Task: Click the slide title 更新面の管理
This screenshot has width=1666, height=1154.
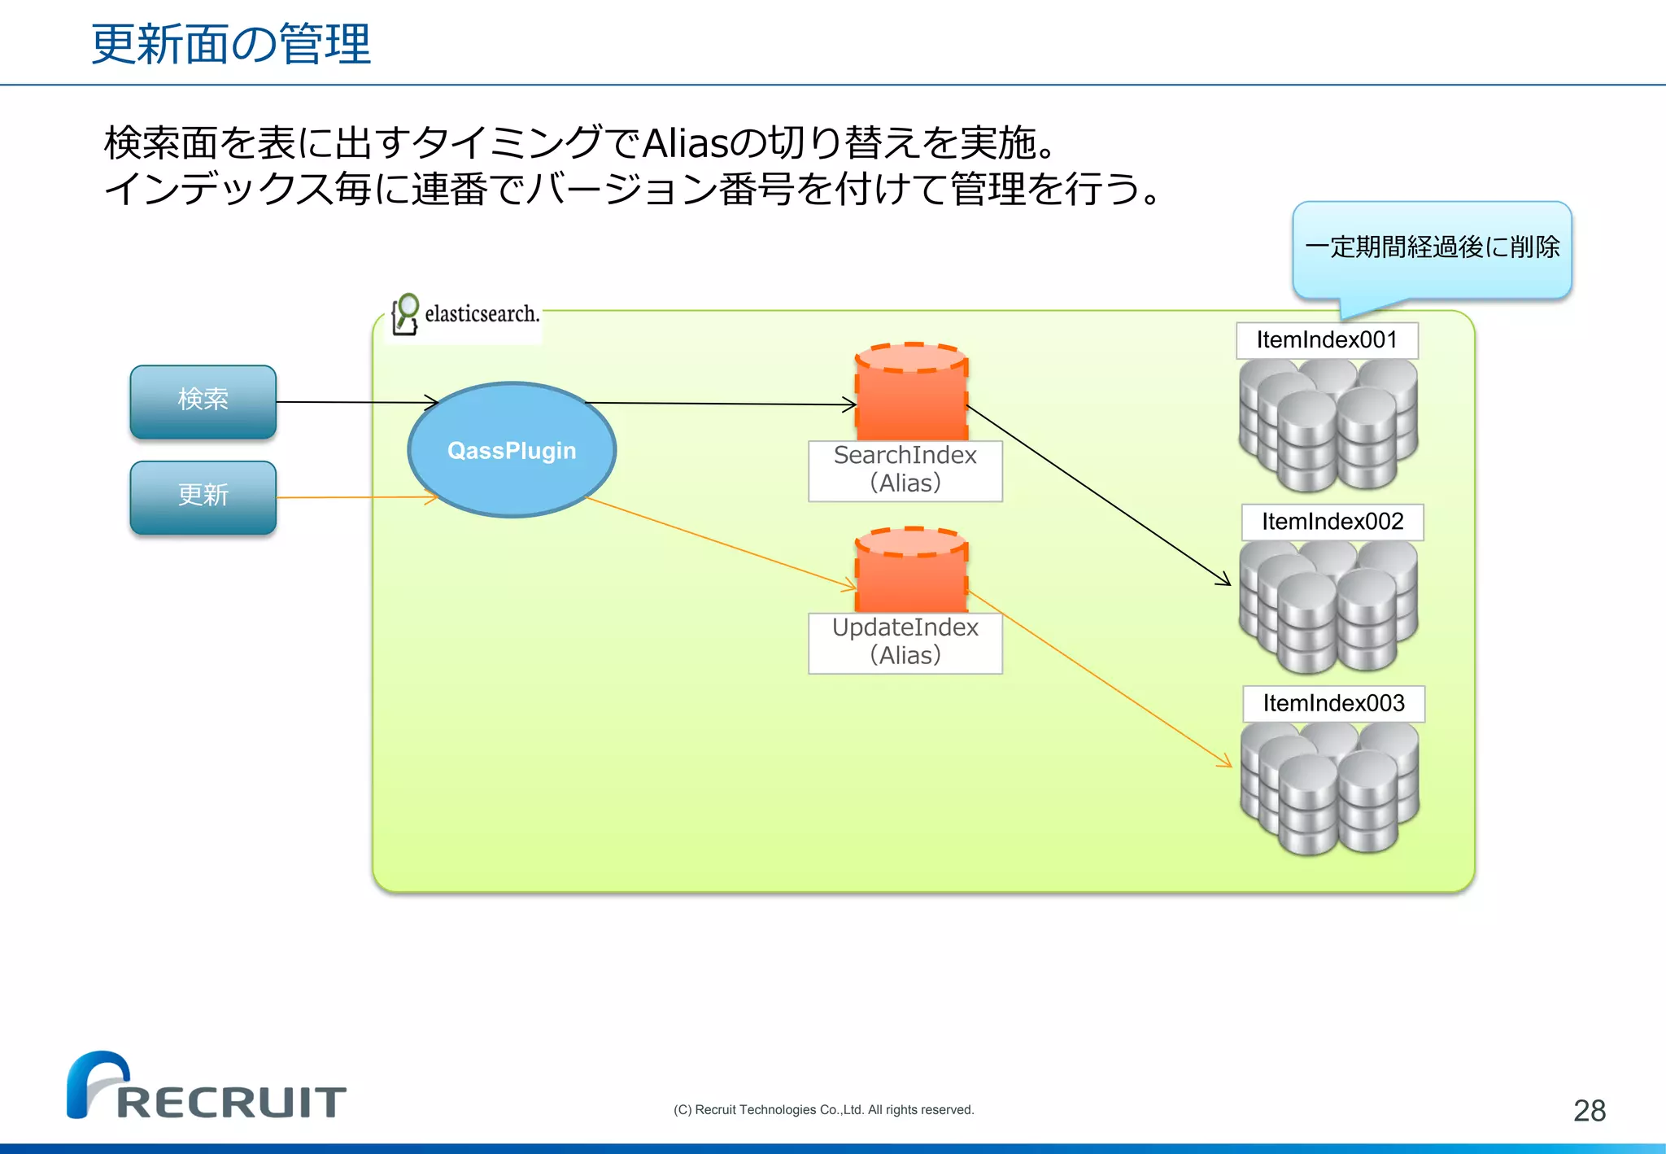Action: (231, 44)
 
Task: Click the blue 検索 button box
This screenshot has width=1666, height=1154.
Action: (203, 401)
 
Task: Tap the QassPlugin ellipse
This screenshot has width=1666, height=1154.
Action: (512, 450)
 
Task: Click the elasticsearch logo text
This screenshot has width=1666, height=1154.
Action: (482, 314)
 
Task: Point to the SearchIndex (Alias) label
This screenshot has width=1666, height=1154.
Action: (905, 470)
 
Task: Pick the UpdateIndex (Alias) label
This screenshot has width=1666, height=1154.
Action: (905, 642)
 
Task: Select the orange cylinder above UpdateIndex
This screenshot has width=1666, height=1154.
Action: (911, 570)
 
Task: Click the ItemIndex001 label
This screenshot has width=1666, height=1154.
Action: (1327, 340)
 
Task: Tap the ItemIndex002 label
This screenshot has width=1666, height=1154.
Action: (1332, 522)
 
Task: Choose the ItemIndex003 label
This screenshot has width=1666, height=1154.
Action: (1333, 703)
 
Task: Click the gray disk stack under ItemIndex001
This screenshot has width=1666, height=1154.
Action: (1328, 425)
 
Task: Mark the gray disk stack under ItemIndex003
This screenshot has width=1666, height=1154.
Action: (1329, 788)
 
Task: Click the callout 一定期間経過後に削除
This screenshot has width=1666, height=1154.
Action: (1432, 247)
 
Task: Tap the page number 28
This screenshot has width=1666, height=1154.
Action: (1589, 1110)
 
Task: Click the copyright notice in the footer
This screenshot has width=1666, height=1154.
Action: (823, 1110)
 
